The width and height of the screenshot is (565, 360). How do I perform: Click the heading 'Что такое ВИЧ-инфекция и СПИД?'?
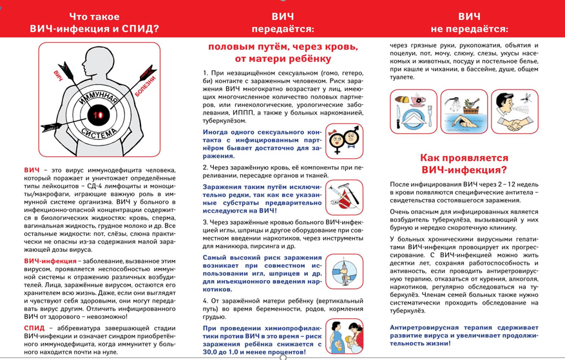94,23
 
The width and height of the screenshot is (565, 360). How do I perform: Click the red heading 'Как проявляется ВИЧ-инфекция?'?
464,164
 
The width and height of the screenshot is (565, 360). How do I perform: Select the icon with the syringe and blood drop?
344,271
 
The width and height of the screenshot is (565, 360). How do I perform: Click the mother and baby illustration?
344,337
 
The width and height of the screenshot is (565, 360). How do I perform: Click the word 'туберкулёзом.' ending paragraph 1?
224,120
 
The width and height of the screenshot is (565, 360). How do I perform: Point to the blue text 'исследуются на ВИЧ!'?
240,210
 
